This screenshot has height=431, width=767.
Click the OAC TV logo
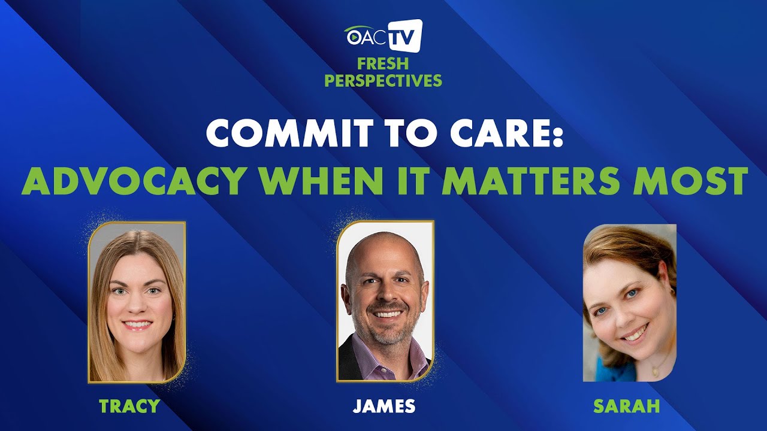coord(383,36)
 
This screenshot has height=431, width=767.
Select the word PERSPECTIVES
coord(383,81)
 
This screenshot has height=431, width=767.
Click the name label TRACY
coord(129,406)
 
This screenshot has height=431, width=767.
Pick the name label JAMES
coord(384,406)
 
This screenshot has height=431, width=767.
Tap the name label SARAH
coord(627,406)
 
